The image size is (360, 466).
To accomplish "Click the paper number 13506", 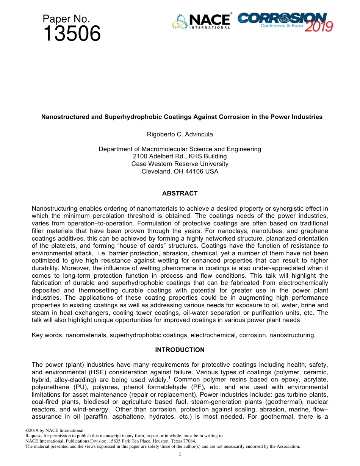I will (x=72, y=34).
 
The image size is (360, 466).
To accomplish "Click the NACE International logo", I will (x=201, y=21).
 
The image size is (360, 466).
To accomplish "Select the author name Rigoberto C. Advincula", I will (x=180, y=134).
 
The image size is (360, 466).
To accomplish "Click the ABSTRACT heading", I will (x=180, y=193).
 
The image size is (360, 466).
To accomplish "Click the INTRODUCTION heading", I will (x=180, y=350).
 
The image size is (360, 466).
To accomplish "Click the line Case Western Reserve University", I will (x=180, y=164).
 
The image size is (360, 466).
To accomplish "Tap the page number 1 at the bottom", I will (x=180, y=454).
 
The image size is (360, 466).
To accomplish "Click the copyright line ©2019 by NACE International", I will (x=55, y=431).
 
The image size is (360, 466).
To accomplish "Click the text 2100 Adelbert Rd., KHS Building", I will (x=180, y=156).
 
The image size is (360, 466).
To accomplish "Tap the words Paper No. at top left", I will (x=66, y=19).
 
